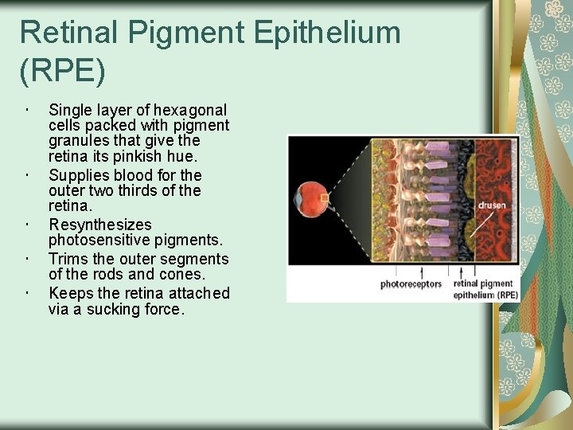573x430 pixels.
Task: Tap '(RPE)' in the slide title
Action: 62,71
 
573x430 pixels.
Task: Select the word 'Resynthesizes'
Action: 99,225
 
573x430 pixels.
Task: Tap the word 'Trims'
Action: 68,259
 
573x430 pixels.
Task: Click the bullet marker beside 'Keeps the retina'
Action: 27,293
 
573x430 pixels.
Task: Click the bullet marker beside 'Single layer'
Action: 27,110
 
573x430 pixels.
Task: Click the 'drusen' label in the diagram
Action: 491,205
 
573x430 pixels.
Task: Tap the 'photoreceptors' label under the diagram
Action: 411,284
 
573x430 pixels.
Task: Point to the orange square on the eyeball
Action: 324,197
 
